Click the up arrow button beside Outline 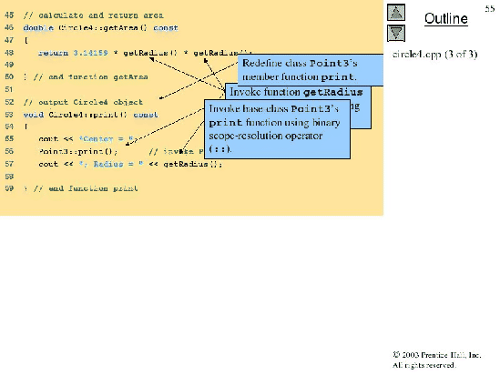pyautogui.click(x=396, y=12)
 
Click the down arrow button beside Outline pyautogui.click(x=396, y=32)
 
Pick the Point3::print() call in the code pyautogui.click(x=78, y=151)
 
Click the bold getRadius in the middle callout pyautogui.click(x=332, y=92)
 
